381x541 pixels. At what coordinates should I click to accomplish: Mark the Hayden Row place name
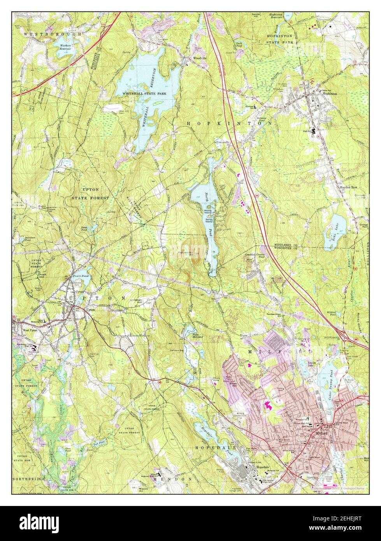[348, 187]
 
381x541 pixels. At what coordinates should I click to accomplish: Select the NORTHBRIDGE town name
[28, 478]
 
